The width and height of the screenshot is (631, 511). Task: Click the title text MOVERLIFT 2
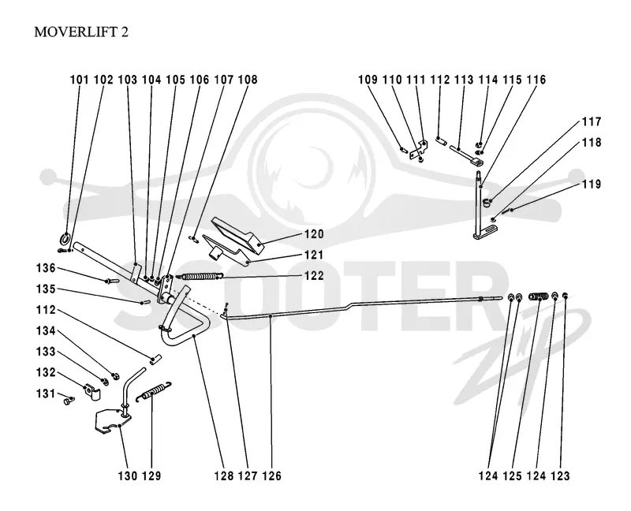click(x=81, y=32)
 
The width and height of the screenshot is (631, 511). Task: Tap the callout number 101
click(x=80, y=80)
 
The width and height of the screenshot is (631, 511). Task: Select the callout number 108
click(x=248, y=80)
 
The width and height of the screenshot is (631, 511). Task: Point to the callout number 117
click(x=591, y=121)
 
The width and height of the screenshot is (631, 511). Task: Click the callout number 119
click(x=591, y=185)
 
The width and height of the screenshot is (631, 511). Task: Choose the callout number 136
click(x=46, y=268)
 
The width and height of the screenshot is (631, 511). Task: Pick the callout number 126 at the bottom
click(x=271, y=476)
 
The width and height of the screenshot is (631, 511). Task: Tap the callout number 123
click(x=560, y=476)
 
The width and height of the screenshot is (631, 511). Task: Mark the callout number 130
click(x=128, y=476)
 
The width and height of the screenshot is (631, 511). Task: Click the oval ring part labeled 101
click(x=65, y=239)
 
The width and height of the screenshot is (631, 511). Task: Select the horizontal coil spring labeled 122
click(x=200, y=277)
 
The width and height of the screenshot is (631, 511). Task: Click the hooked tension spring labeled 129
click(x=154, y=390)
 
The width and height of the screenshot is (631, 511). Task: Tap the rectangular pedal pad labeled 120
click(x=238, y=234)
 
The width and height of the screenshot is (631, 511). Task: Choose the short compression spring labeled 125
click(x=539, y=297)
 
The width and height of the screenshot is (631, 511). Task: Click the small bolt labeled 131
click(x=69, y=401)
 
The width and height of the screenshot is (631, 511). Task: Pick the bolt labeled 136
click(x=111, y=281)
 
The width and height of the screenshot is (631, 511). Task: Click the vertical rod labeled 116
click(x=479, y=204)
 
